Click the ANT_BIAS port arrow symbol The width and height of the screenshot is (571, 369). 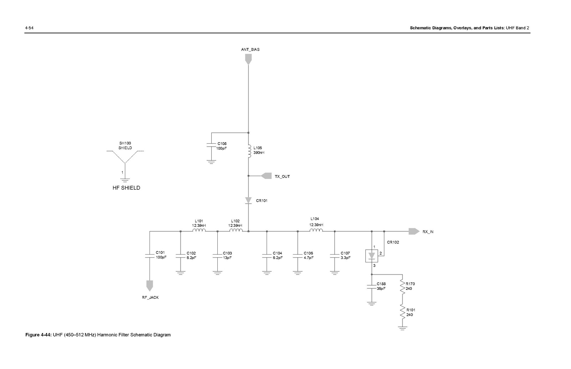[248, 59]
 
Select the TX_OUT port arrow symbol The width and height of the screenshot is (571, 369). [266, 176]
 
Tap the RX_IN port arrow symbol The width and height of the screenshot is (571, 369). [414, 231]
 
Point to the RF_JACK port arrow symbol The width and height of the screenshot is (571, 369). [150, 285]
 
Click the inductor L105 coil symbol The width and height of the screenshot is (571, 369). [249, 150]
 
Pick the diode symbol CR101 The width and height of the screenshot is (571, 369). [248, 201]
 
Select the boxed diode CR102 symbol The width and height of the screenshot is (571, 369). [372, 256]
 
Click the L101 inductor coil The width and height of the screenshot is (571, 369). [199, 231]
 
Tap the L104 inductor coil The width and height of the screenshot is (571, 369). [316, 231]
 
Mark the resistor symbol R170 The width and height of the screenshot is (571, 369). [403, 287]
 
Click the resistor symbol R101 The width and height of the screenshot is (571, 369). [403, 313]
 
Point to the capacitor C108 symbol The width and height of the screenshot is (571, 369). [211, 145]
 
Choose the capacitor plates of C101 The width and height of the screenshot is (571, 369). [150, 255]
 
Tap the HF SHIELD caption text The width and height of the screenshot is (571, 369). [126, 188]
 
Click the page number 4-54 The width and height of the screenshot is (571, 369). [29, 28]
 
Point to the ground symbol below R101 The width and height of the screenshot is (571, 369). [403, 328]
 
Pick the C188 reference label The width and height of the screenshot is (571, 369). [381, 284]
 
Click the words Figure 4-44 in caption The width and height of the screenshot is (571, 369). [38, 335]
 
